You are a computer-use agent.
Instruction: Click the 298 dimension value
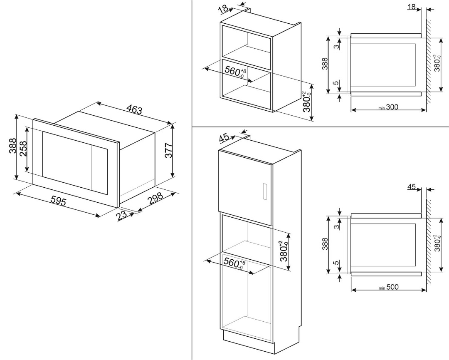[x=155, y=199]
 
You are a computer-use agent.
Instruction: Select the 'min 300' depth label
[x=388, y=108]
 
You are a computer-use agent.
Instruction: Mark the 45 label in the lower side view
[x=412, y=188]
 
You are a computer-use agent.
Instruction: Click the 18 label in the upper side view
[x=412, y=7]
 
